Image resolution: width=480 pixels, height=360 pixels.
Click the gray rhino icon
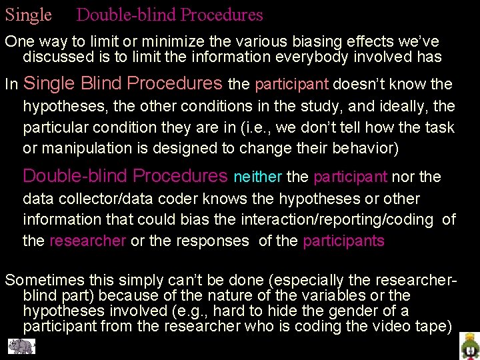point(21,347)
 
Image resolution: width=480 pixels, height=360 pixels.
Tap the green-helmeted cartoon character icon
point(469,347)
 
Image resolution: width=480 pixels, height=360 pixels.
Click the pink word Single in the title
point(28,15)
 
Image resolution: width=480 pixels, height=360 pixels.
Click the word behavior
point(363,148)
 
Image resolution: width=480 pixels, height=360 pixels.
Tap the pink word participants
point(343,241)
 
